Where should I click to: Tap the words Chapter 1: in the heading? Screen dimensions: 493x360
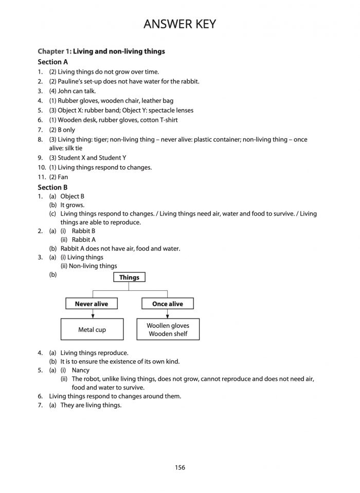(x=55, y=51)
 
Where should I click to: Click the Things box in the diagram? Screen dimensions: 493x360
(x=129, y=277)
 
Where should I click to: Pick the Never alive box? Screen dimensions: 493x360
(x=92, y=304)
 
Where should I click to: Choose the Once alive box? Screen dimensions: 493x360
(x=168, y=304)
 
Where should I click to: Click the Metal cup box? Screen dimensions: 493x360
(x=92, y=329)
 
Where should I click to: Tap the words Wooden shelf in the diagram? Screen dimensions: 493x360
(x=168, y=334)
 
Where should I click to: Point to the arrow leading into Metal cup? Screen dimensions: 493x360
(x=92, y=314)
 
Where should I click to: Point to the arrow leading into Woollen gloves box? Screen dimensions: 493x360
(x=168, y=314)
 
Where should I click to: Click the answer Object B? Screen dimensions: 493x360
(x=72, y=197)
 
